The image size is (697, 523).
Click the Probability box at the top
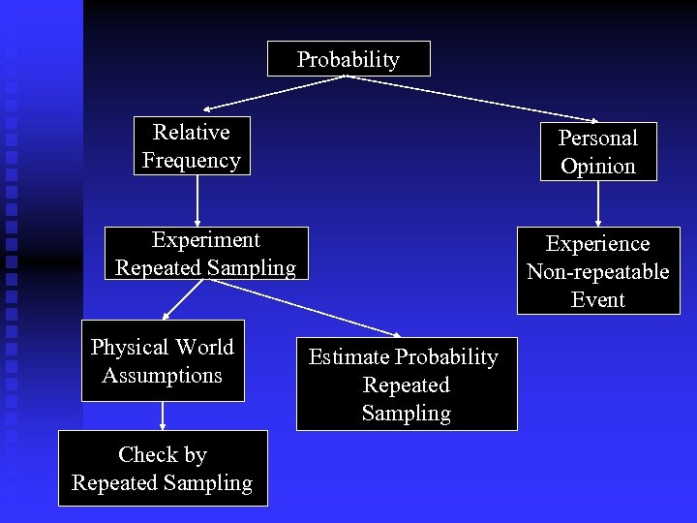348,59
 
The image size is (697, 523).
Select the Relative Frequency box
192,146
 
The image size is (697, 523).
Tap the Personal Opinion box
597,152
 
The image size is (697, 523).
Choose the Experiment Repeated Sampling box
205,254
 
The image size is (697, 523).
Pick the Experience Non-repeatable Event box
597,271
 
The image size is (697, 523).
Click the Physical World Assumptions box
163,361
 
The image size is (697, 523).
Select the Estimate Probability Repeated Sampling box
406,385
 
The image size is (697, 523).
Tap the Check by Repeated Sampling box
163,469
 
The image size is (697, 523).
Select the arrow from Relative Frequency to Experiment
197,200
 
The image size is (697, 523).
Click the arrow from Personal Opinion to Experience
598,203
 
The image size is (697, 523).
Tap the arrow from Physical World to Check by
163,415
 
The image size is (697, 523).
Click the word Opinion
597,166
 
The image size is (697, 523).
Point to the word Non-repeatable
597,271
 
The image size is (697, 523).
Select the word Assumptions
163,375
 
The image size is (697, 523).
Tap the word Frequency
192,160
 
